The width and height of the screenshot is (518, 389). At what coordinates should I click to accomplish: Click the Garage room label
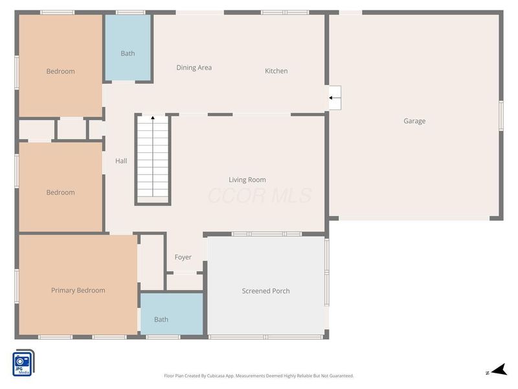coord(414,121)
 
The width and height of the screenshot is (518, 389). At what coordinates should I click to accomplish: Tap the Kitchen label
coord(276,71)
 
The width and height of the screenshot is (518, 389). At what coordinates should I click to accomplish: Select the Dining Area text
coord(194,67)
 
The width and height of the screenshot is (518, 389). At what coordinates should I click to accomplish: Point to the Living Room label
coord(247,180)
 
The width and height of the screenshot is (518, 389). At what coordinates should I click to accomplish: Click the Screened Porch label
coord(265,290)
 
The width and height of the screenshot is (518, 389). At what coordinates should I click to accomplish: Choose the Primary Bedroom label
coord(78,290)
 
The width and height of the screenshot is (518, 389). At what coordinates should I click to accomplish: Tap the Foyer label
coord(183,257)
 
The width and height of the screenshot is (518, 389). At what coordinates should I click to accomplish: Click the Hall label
coord(121,161)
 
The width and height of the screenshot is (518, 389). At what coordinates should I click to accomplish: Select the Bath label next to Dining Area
coord(128,53)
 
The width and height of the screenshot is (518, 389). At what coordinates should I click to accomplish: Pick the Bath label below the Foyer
coord(161,319)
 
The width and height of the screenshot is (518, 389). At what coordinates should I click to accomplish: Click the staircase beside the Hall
coord(153,159)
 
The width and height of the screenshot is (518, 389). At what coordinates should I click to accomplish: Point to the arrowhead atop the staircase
coord(153,118)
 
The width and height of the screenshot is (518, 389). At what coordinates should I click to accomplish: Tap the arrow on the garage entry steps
coord(335,98)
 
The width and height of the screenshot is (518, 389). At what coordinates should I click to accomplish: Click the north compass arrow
coord(499,370)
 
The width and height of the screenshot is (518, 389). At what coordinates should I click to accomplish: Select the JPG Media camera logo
coord(23,363)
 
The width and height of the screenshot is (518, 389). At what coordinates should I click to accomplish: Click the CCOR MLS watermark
coord(260,195)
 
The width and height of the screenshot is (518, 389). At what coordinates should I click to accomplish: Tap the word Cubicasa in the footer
coord(216,376)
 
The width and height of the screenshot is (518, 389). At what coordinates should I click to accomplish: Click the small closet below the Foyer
coord(185,282)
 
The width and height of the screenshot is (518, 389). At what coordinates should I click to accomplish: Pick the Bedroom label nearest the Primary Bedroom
coord(60,193)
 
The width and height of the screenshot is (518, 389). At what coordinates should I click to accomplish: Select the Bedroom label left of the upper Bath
coord(60,71)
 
